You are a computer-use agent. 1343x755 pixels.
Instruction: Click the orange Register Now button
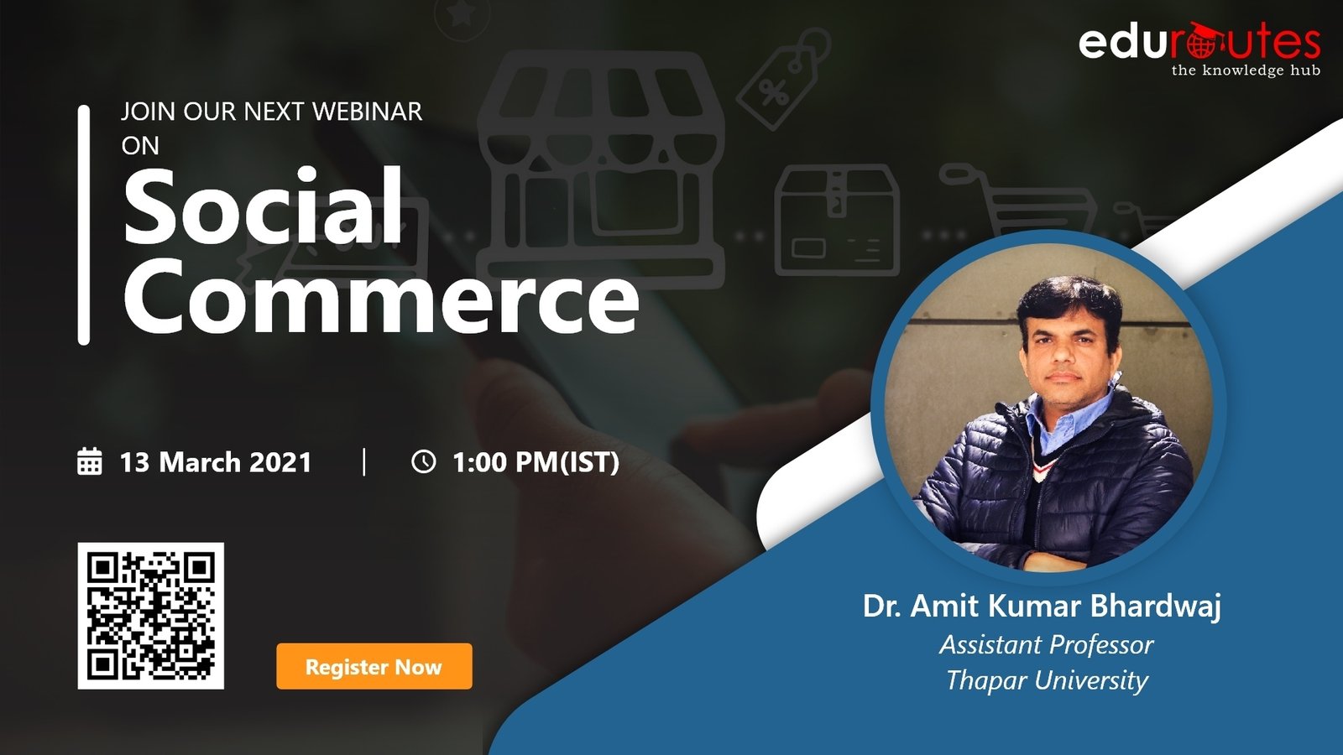tap(374, 666)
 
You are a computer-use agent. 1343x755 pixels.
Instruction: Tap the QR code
tap(150, 616)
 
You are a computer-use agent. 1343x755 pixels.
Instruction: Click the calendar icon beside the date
tap(89, 461)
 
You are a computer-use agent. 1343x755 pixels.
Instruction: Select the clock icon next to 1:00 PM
tap(423, 461)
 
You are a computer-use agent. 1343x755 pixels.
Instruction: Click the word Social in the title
tap(263, 206)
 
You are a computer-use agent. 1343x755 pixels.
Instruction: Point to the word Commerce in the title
tap(381, 298)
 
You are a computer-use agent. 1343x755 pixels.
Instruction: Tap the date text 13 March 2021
tap(216, 462)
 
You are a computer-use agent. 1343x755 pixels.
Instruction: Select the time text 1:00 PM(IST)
tap(536, 462)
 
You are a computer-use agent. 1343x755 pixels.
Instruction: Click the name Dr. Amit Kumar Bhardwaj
tap(1042, 606)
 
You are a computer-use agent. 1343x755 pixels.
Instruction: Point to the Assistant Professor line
tap(1046, 645)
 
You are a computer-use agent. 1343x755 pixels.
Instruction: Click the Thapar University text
tap(1047, 680)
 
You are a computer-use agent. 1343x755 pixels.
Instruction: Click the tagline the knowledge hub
tap(1246, 70)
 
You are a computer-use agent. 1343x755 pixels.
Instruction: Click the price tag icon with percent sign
tap(783, 79)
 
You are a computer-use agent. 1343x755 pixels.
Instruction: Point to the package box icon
tap(837, 220)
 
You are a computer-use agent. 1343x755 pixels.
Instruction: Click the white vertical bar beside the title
tap(84, 226)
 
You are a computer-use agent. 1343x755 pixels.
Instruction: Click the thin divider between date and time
tap(364, 462)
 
